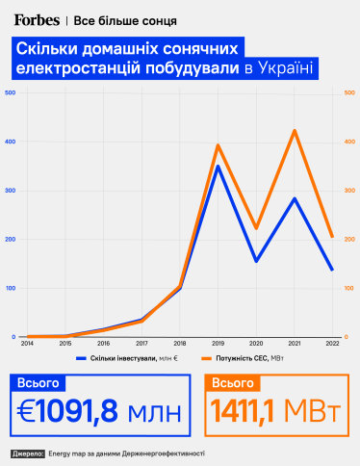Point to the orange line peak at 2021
(x=295, y=130)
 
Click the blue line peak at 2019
(x=219, y=166)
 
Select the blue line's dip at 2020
(x=256, y=261)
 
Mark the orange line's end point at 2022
(x=332, y=237)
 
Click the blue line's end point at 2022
(x=332, y=270)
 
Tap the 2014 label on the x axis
(x=29, y=343)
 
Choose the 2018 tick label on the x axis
(x=180, y=343)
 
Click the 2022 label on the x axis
(x=332, y=343)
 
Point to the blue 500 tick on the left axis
(x=10, y=92)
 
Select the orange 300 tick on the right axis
(x=350, y=191)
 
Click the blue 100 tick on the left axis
(x=10, y=288)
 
